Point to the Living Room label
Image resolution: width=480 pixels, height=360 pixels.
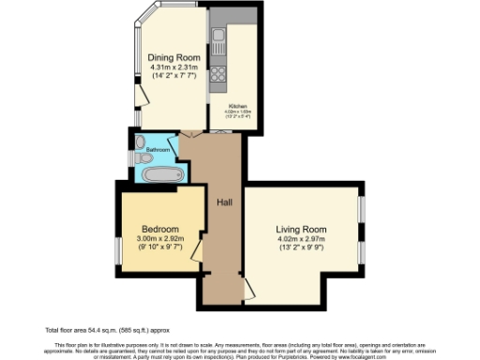(x=300, y=229)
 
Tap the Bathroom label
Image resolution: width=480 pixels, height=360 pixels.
(x=157, y=149)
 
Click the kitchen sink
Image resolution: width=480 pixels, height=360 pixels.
(x=217, y=38)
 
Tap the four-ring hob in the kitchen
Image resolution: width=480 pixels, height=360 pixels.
(x=217, y=71)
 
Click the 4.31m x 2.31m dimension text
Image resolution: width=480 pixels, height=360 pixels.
(x=172, y=68)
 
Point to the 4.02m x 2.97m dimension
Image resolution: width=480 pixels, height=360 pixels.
(x=300, y=239)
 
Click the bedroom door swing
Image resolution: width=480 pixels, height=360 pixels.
(x=197, y=248)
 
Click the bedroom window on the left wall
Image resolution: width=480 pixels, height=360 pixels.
(x=116, y=250)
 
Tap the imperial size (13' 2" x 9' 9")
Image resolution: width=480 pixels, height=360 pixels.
(x=300, y=248)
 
